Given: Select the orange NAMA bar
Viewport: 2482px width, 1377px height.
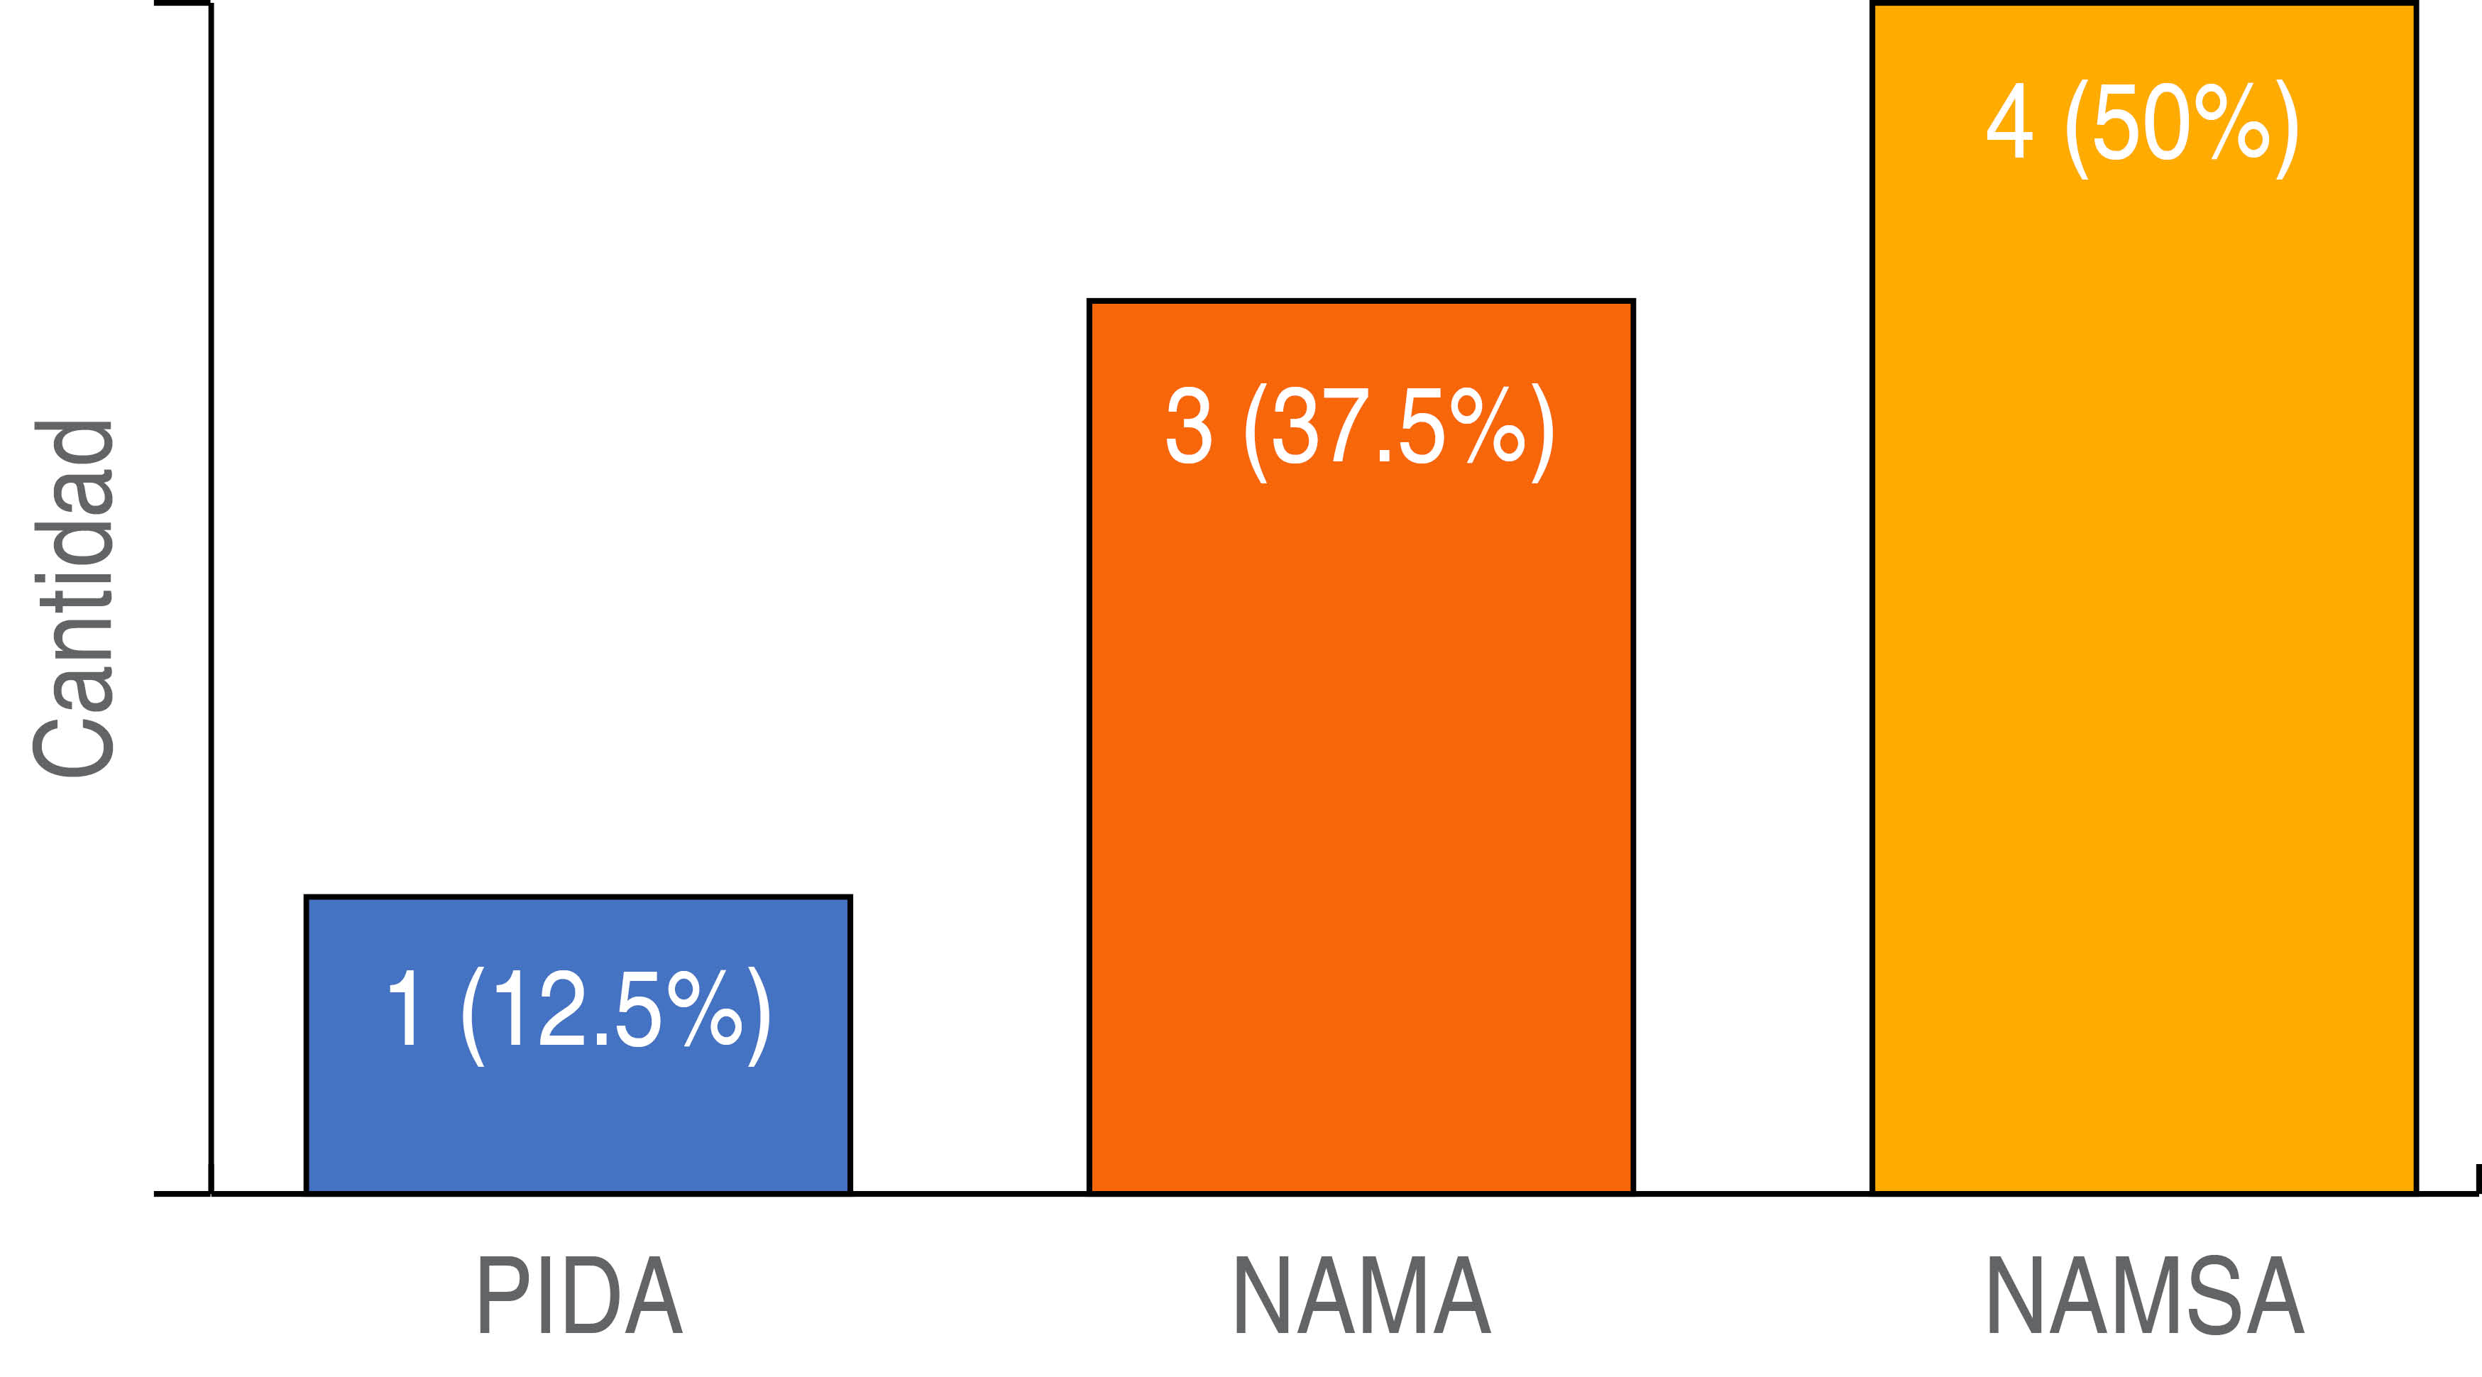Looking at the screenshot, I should (x=1361, y=771).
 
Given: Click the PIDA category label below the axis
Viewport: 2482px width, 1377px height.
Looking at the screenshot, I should (x=580, y=1296).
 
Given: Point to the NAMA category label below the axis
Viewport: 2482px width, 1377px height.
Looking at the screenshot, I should (x=1361, y=1296).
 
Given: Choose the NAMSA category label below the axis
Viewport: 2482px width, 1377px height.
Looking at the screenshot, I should (x=2145, y=1296).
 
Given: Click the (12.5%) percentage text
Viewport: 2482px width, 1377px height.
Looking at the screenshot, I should (x=617, y=1011).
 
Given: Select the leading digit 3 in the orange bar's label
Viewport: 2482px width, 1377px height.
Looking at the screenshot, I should (x=1188, y=427).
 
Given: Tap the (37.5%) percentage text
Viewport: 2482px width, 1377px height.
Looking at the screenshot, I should (x=1399, y=429).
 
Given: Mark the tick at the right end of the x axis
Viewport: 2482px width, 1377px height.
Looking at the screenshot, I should (x=2476, y=1180).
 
